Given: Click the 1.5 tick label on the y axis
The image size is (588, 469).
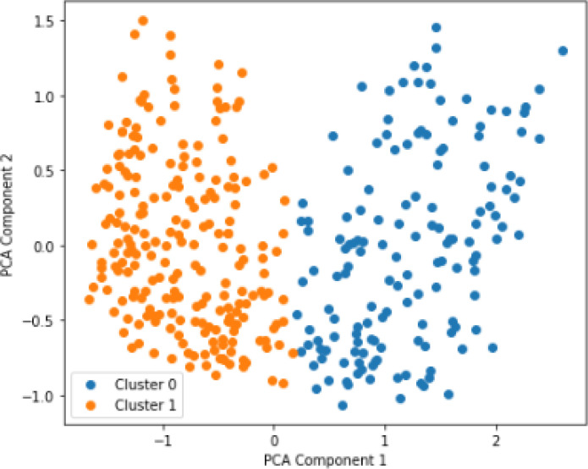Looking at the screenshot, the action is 44,21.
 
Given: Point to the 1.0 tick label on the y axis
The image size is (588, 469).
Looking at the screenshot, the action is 44,97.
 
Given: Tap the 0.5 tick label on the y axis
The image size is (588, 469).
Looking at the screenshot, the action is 44,171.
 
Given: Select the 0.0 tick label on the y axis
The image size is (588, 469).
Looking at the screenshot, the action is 44,247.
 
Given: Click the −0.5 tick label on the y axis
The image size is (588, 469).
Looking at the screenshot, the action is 38,321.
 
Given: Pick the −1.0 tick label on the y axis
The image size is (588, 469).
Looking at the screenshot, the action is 38,396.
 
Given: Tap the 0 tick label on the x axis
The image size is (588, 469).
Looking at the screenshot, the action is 274,440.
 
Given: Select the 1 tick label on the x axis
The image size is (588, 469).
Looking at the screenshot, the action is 385,440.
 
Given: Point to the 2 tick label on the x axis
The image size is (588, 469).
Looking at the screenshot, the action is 496,440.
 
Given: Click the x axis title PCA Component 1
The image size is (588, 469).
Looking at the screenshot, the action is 325,461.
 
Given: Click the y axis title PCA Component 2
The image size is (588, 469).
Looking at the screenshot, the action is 7,215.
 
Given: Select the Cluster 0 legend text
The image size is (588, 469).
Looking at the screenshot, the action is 146,384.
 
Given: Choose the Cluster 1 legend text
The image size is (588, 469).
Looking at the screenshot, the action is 146,406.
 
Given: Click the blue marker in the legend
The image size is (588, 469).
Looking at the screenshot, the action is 91,385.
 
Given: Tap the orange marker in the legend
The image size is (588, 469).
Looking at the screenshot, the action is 91,406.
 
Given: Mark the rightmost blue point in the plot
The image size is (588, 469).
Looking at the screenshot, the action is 563,51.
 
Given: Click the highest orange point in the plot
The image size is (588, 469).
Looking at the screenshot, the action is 143,20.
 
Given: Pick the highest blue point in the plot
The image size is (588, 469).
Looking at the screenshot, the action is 436,27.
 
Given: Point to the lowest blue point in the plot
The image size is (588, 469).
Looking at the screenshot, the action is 343,406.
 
